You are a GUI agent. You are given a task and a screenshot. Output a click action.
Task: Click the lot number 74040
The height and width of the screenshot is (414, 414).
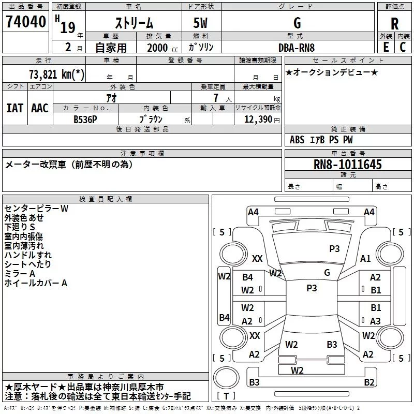pyautogui.click(x=25, y=23)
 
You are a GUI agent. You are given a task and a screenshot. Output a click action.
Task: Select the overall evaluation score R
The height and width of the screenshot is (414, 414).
pyautogui.click(x=394, y=24)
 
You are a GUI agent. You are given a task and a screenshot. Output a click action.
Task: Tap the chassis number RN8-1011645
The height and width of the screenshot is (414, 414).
pyautogui.click(x=348, y=165)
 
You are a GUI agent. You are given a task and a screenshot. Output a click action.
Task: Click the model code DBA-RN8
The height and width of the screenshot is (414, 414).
pyautogui.click(x=295, y=47)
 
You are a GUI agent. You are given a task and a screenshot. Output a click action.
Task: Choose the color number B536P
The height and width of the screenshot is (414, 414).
pyautogui.click(x=86, y=119)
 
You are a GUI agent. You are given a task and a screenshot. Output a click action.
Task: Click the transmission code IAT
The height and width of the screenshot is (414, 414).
pyautogui.click(x=14, y=108)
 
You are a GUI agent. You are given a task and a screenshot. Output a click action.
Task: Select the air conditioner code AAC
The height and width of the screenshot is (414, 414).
pyautogui.click(x=40, y=108)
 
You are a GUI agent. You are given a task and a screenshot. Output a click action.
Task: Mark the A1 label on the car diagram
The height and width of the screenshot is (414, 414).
pyautogui.click(x=365, y=259)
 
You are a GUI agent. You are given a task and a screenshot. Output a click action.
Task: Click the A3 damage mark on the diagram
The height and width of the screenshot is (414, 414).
pyautogui.click(x=375, y=321)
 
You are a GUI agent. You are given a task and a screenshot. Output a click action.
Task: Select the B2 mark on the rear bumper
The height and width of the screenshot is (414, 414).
pyautogui.click(x=368, y=382)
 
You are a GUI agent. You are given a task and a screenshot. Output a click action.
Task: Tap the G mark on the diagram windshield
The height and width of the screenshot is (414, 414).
pyautogui.click(x=327, y=272)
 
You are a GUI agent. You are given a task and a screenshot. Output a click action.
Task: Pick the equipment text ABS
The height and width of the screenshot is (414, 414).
pyautogui.click(x=297, y=140)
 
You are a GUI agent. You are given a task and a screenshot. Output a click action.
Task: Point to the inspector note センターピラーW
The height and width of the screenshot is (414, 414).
pyautogui.click(x=36, y=209)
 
